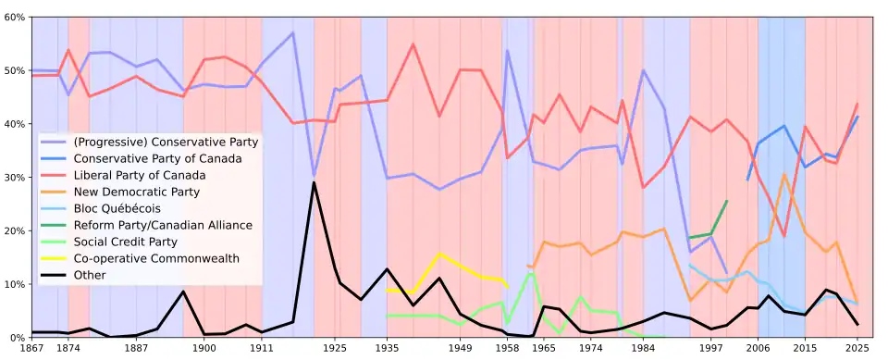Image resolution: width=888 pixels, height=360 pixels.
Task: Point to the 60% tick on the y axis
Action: (x=15, y=17)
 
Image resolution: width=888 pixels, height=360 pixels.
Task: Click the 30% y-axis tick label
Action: (x=15, y=178)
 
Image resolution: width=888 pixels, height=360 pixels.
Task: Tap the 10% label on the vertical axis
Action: (x=15, y=284)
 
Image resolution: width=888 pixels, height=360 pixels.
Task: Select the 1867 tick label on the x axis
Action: (x=31, y=347)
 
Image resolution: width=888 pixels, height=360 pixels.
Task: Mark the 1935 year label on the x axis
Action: (x=387, y=347)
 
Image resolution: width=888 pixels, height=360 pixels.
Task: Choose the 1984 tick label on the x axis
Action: (x=643, y=347)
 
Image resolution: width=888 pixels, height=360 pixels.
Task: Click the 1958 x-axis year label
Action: (x=507, y=347)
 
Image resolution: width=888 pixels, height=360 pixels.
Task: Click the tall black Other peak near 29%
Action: (x=314, y=182)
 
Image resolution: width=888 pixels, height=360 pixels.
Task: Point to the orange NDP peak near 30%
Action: (x=783, y=174)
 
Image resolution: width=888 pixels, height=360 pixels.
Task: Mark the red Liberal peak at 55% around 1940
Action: (x=413, y=43)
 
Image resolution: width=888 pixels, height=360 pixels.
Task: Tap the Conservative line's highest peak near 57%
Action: (x=293, y=32)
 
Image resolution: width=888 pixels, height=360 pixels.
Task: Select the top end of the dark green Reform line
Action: (x=727, y=201)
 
